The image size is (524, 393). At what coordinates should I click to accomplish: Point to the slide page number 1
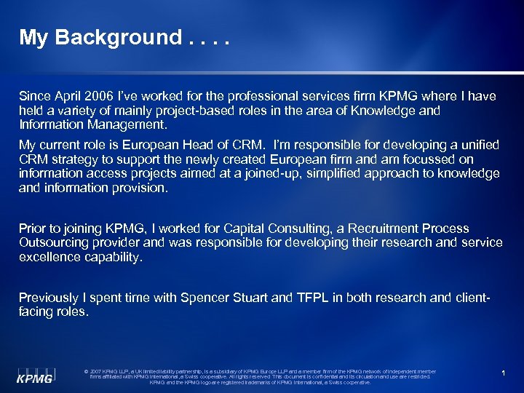tap(503, 373)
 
